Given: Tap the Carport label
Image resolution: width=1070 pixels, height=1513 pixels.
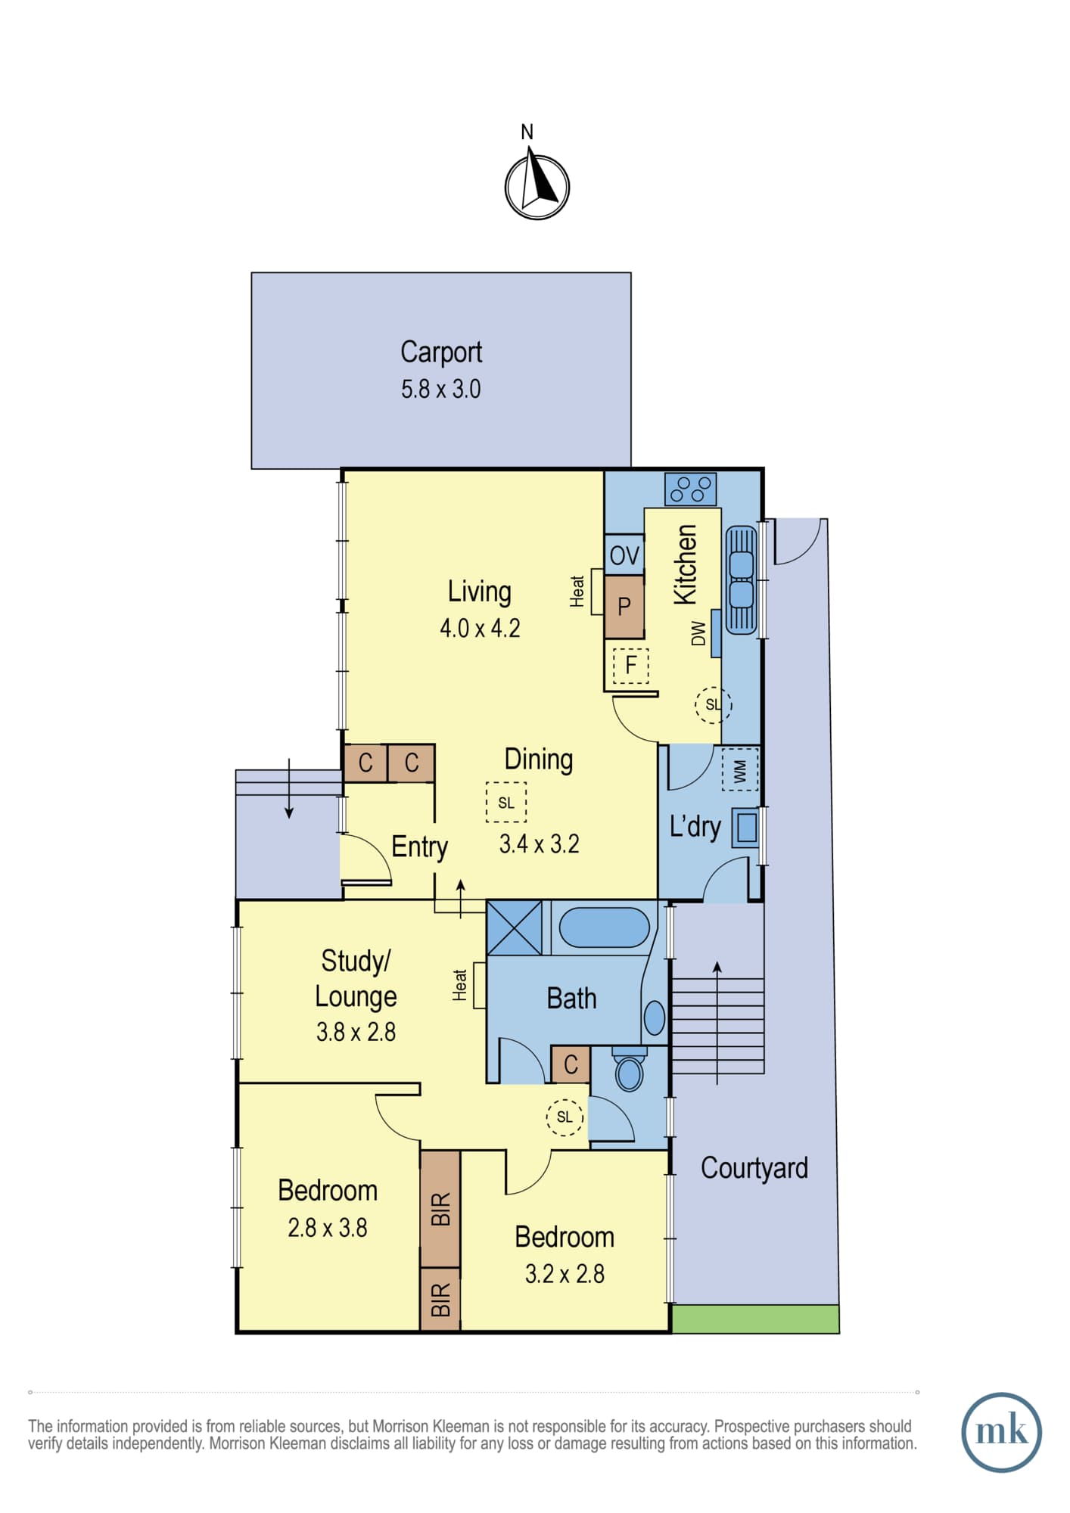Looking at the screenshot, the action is (x=441, y=352).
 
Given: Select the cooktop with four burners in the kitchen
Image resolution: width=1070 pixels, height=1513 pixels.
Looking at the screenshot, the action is (x=690, y=489).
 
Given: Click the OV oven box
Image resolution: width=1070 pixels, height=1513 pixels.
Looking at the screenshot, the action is (x=624, y=555).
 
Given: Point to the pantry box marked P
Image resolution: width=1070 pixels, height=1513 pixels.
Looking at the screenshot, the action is (x=624, y=606).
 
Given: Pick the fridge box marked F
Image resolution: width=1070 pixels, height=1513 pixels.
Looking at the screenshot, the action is (x=630, y=666).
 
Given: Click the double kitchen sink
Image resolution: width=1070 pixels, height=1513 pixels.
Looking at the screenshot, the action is (x=741, y=579).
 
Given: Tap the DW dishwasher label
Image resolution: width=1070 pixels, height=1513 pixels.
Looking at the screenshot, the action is (x=698, y=633).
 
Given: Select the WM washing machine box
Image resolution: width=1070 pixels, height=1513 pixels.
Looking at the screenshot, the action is (x=740, y=769).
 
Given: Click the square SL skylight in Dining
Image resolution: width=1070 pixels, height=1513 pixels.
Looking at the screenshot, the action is (x=506, y=802).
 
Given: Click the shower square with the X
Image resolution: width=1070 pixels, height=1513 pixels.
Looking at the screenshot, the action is (x=515, y=927).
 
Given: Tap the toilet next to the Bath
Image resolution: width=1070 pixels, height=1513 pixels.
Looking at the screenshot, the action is (x=629, y=1067).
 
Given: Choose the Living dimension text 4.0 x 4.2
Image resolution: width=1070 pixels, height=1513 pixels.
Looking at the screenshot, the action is (x=480, y=628).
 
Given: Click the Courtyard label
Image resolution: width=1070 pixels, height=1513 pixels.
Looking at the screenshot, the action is (x=754, y=1167).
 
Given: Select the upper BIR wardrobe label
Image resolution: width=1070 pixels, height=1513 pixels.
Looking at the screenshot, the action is (x=441, y=1209).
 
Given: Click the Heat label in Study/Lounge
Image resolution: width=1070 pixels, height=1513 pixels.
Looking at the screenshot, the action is (x=460, y=985).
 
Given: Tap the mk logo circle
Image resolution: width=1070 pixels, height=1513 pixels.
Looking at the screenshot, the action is (x=1001, y=1432).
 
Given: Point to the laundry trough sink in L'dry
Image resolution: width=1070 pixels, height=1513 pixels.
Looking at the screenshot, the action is (x=746, y=828).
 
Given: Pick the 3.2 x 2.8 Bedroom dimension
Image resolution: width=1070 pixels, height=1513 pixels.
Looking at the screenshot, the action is (x=565, y=1274).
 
